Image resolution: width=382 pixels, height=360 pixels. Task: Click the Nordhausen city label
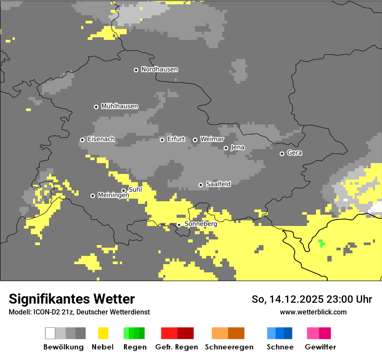pos(159,69)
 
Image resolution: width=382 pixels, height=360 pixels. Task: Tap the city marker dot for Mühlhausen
pos(96,107)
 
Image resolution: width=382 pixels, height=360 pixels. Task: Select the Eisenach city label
pos(101,139)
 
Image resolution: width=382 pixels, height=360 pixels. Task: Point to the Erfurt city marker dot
pos(162,140)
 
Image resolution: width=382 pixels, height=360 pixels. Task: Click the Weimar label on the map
pos(212,139)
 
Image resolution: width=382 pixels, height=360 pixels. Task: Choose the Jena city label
pos(237,147)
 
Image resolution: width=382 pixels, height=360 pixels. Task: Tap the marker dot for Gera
pos(282,154)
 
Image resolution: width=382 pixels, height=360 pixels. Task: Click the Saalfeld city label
pos(218,184)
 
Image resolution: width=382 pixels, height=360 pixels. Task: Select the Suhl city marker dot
pos(123,190)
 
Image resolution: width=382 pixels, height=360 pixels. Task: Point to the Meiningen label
pos(113,196)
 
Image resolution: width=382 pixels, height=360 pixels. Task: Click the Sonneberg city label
pos(201,224)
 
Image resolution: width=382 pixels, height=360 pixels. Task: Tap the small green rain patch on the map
pos(321,243)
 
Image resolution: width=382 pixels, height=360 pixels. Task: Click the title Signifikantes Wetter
pos(72,299)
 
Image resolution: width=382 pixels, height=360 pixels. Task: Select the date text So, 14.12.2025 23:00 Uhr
pos(312,299)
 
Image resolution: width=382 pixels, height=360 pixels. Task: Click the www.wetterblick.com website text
pos(313,312)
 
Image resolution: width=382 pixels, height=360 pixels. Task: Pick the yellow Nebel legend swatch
pos(103,333)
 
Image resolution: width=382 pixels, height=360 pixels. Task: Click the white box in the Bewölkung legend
pos(50,333)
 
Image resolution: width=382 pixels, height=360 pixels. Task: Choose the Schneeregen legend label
pos(229,347)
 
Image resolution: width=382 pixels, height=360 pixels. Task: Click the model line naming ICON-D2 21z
pos(79,312)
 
